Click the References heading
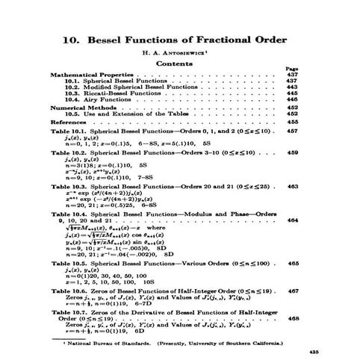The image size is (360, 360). (69, 121)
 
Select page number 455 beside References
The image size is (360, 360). (293, 121)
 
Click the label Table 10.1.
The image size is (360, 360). (68, 130)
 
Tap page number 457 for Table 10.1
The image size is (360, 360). (293, 130)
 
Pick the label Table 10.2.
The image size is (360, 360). (68, 152)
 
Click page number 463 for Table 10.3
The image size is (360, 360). (293, 185)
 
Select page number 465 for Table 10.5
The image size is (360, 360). (293, 264)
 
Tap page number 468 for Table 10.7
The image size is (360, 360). (293, 317)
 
